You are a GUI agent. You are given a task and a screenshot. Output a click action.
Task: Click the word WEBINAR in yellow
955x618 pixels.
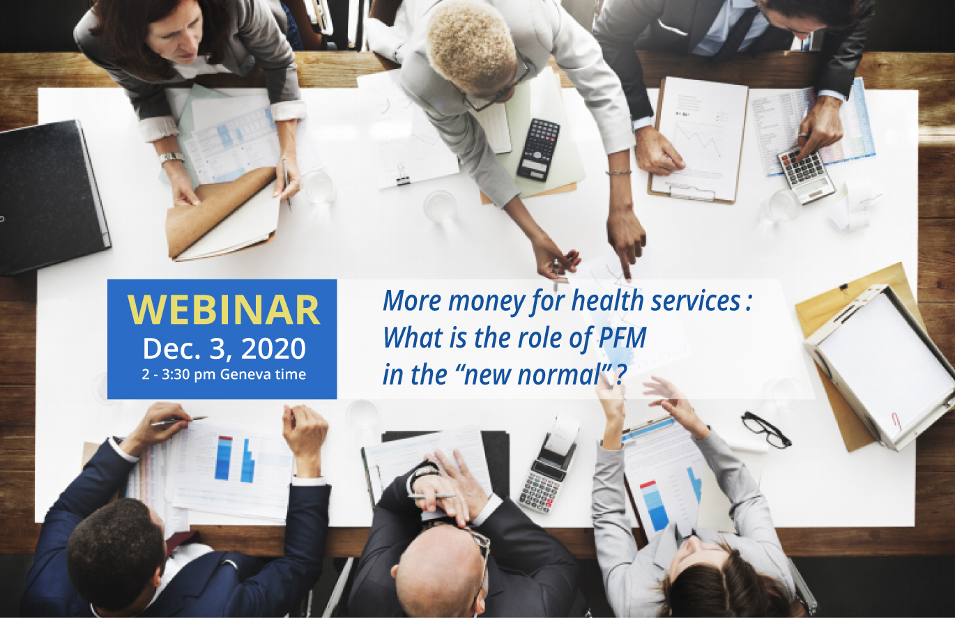224,310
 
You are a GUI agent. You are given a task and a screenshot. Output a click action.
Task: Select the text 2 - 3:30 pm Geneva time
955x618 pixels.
224,374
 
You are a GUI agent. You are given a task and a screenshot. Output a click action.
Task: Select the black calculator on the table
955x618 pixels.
538,149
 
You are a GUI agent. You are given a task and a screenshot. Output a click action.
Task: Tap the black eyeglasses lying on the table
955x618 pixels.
765,428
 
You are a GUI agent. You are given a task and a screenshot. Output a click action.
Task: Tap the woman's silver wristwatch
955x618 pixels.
171,158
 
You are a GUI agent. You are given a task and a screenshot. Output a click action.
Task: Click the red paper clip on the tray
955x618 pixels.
896,421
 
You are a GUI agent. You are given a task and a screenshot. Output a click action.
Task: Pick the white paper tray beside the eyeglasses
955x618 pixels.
880,366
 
